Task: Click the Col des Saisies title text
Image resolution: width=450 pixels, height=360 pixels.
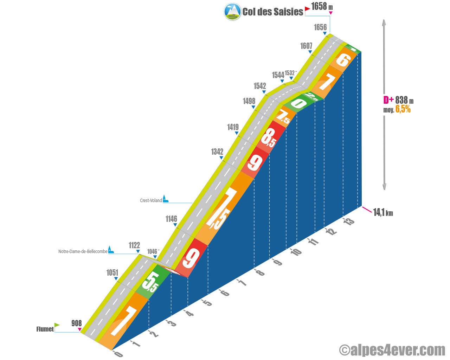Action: (272, 12)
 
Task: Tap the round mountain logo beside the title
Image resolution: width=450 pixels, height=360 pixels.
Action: (232, 12)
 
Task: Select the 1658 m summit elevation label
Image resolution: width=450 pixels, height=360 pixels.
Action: (322, 6)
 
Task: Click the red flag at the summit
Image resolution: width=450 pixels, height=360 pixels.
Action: (307, 9)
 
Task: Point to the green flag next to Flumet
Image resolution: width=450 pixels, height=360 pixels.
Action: (57, 325)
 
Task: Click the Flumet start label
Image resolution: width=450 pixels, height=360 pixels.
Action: (45, 329)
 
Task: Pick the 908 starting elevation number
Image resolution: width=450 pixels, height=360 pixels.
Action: (77, 323)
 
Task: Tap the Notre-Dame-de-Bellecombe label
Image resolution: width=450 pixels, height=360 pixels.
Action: (83, 251)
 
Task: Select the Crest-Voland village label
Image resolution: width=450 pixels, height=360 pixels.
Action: (151, 200)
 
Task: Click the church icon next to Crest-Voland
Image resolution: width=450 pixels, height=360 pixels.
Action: (165, 199)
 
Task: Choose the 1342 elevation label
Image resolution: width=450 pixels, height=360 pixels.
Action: (217, 152)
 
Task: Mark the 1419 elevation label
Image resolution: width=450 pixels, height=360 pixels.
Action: (233, 127)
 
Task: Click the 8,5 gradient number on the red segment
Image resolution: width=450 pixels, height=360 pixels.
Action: (269, 138)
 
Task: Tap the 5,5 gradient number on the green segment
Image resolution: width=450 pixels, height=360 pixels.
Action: (150, 282)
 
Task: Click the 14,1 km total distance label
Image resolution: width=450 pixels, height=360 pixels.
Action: (383, 213)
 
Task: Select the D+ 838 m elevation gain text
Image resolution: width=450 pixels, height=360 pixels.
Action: (398, 100)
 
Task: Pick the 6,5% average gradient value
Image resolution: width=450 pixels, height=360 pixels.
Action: (403, 109)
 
